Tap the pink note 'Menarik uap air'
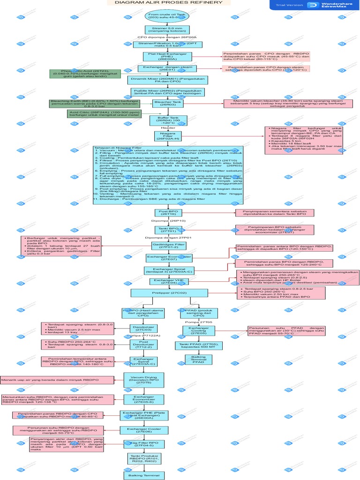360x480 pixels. click(56, 379)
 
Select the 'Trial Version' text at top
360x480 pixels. click(289, 5)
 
